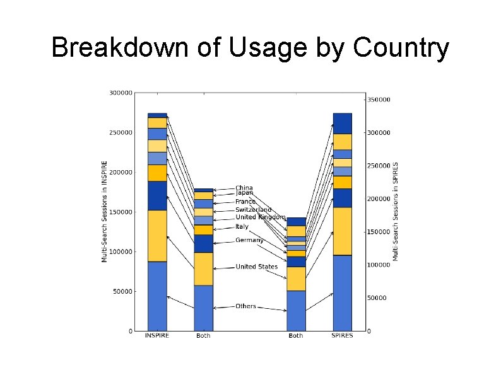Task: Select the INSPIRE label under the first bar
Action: tap(156, 336)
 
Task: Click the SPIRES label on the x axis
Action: tap(343, 336)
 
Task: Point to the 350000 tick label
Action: tap(379, 100)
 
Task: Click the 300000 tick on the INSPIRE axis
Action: tap(121, 93)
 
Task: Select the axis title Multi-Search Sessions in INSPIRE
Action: tap(105, 211)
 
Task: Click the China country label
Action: tap(244, 188)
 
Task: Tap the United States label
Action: tap(256, 267)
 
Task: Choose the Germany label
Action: tap(249, 240)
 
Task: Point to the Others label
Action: tap(245, 306)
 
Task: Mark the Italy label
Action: tap(242, 226)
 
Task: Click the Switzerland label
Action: tap(253, 209)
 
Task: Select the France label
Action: tap(245, 202)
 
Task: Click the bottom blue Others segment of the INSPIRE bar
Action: tap(157, 296)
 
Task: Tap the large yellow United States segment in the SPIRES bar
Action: tap(343, 231)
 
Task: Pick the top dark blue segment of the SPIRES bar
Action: tap(343, 124)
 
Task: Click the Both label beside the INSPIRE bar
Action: tap(203, 336)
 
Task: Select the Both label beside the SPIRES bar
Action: tap(296, 336)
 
